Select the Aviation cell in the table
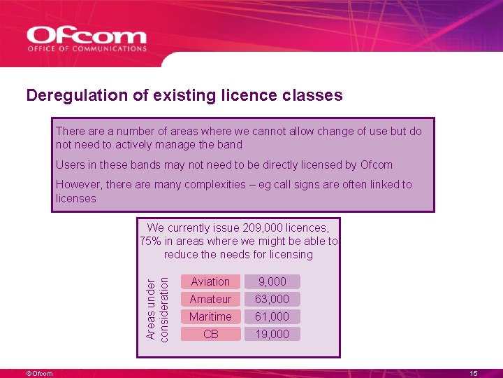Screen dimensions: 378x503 (210, 281)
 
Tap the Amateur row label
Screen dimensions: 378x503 (210, 299)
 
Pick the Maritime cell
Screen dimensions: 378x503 (210, 316)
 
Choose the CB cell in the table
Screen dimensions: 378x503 (210, 334)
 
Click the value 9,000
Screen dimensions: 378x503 (272, 281)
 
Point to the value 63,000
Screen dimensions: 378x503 (272, 299)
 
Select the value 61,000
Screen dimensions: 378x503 (272, 316)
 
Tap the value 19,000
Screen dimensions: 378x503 (272, 334)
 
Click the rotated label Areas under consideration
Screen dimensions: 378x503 (156, 308)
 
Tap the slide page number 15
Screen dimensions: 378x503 (474, 374)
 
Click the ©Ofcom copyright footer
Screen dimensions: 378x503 (40, 374)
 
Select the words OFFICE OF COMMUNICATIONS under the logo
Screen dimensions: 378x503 (87, 49)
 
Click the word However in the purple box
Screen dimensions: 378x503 (78, 185)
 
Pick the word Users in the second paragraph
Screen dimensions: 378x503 (70, 165)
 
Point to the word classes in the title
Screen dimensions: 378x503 (315, 95)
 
